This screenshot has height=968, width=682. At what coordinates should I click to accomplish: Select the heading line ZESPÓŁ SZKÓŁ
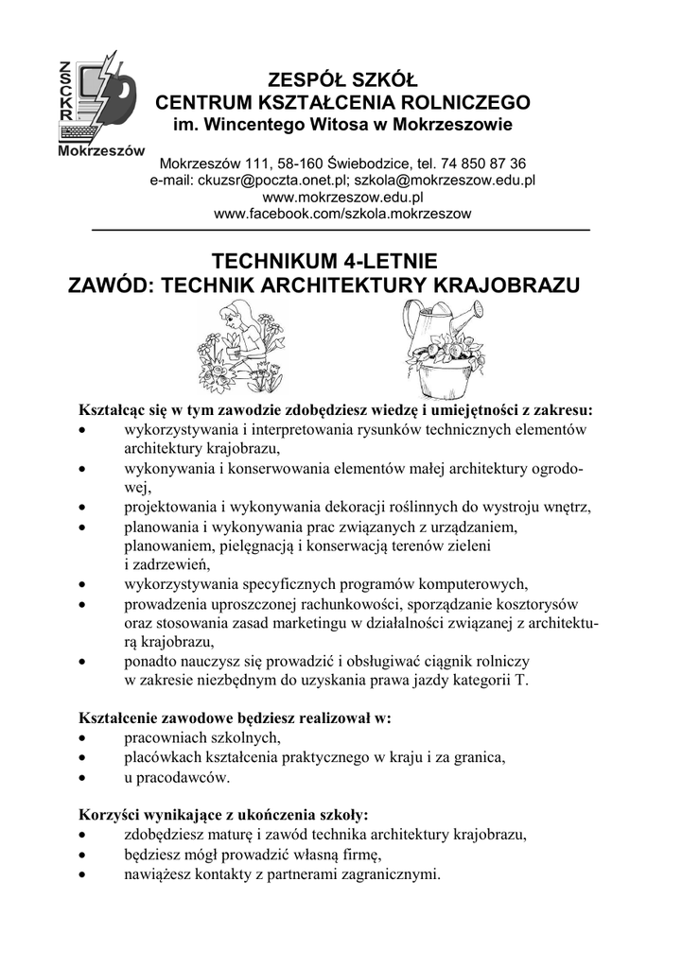[342, 78]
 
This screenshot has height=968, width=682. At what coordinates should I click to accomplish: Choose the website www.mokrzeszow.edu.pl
[341, 197]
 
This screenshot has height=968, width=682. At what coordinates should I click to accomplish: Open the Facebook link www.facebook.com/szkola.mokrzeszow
[341, 215]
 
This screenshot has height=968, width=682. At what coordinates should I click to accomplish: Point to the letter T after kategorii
[522, 681]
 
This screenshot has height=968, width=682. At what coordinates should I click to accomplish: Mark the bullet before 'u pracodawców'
[84, 779]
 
